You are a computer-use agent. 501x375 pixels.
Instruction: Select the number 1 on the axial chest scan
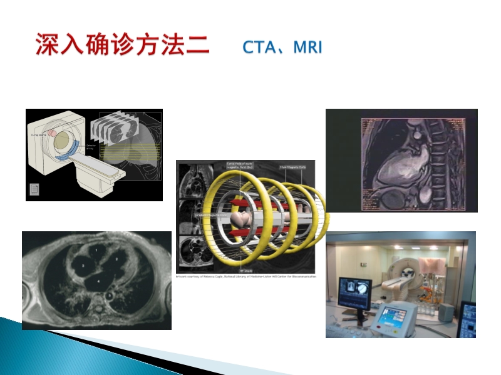coord(96,249)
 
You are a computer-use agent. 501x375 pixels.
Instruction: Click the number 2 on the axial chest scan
coord(117,257)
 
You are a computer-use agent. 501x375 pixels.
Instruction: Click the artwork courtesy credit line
coord(245,275)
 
